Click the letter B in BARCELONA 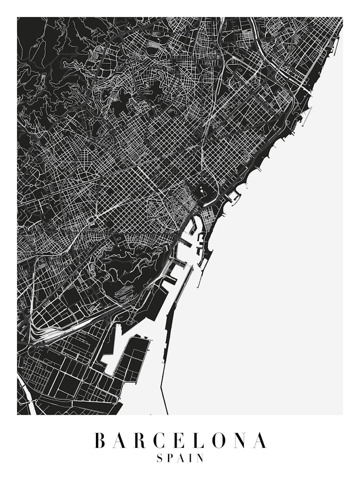click(101, 440)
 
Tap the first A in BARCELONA click(121, 440)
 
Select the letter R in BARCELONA click(143, 440)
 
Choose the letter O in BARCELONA click(222, 440)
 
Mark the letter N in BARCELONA click(243, 440)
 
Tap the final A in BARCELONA click(260, 440)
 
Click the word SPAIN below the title click(180, 458)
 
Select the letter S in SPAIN click(160, 458)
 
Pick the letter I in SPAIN click(192, 458)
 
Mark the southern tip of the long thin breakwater click(168, 413)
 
